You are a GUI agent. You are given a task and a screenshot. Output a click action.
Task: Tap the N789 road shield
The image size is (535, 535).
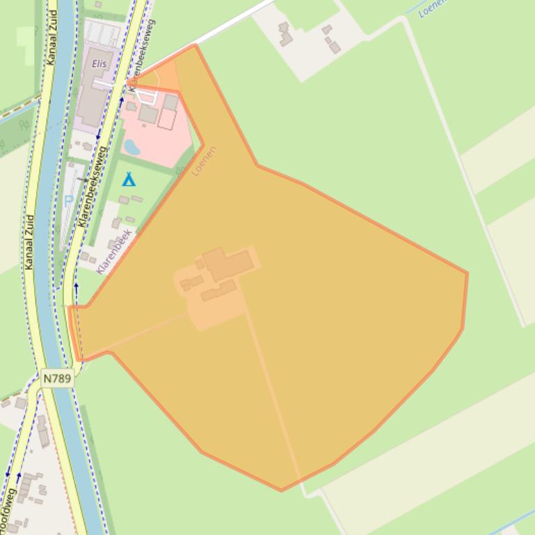pos(57,378)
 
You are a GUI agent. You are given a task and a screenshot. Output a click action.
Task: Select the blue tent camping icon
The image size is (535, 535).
pos(129,180)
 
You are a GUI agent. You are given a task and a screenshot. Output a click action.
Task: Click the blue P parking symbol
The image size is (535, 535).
pos(68,201)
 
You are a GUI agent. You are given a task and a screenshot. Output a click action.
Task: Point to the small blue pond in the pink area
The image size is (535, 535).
pos(131,147)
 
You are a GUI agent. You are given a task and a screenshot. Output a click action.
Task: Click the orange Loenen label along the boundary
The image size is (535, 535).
pos(205,160)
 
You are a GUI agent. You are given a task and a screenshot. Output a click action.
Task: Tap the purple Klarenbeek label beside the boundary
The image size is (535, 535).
pos(114,252)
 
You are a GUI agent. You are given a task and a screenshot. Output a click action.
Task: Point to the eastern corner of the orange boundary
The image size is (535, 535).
pos(467,273)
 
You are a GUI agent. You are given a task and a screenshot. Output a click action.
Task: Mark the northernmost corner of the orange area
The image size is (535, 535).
pos(196,45)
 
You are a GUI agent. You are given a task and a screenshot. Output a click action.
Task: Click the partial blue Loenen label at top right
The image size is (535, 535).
pos(432,8)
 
